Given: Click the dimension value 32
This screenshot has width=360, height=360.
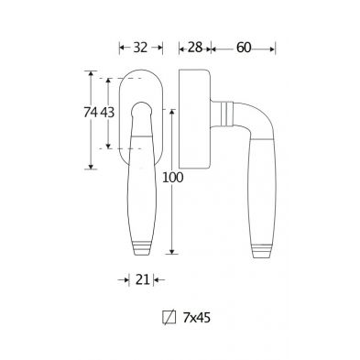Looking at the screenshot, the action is click(140, 48).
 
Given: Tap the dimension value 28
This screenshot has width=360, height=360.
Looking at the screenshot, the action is click(195, 48).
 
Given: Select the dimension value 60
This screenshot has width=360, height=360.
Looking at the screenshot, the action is click(244, 48).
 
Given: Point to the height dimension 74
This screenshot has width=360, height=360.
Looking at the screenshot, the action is click(91, 113).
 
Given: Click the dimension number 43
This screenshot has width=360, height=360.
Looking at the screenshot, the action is click(107, 113).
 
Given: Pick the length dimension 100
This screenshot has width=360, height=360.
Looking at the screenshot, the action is click(173, 178).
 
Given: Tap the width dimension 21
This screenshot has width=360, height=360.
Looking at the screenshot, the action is click(142, 279).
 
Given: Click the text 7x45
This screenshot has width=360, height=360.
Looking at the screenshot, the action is click(197, 318).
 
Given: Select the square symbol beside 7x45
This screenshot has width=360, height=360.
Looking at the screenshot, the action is click(169, 318).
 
